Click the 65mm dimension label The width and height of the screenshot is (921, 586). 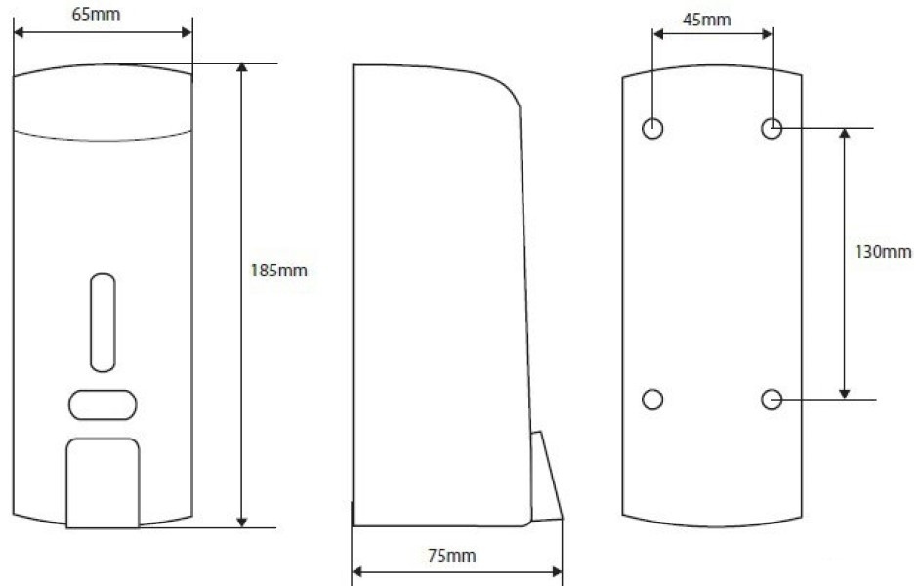tap(96, 14)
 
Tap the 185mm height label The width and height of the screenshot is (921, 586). tap(278, 271)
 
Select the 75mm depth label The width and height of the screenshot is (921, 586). tap(451, 556)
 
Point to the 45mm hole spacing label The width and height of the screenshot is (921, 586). tap(706, 20)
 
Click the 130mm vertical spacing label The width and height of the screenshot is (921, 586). tap(883, 252)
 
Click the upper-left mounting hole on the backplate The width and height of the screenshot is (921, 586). tap(652, 128)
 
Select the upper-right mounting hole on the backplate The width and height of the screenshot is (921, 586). tap(772, 128)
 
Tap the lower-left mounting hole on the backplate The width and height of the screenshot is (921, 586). tap(652, 399)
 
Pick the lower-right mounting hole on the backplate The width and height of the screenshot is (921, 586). tap(772, 399)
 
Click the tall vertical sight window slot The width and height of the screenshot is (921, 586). tap(103, 322)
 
